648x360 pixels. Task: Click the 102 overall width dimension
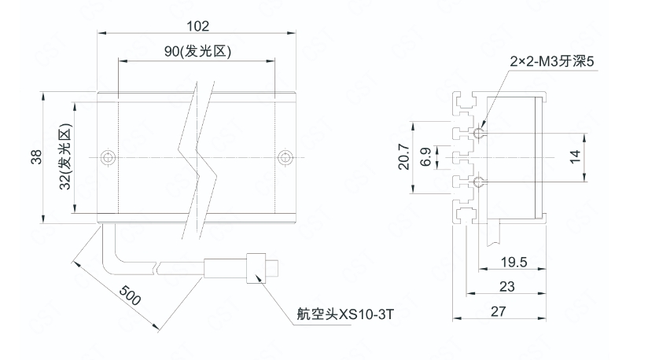(197, 26)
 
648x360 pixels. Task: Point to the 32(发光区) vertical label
(65, 158)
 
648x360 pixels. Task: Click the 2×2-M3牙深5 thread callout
(550, 61)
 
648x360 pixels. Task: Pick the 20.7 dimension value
(403, 158)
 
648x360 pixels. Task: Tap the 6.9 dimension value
(425, 157)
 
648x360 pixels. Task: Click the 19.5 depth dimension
(514, 262)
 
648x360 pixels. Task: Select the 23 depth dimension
(507, 287)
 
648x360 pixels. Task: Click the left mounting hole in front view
(108, 157)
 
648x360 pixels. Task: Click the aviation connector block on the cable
(254, 269)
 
